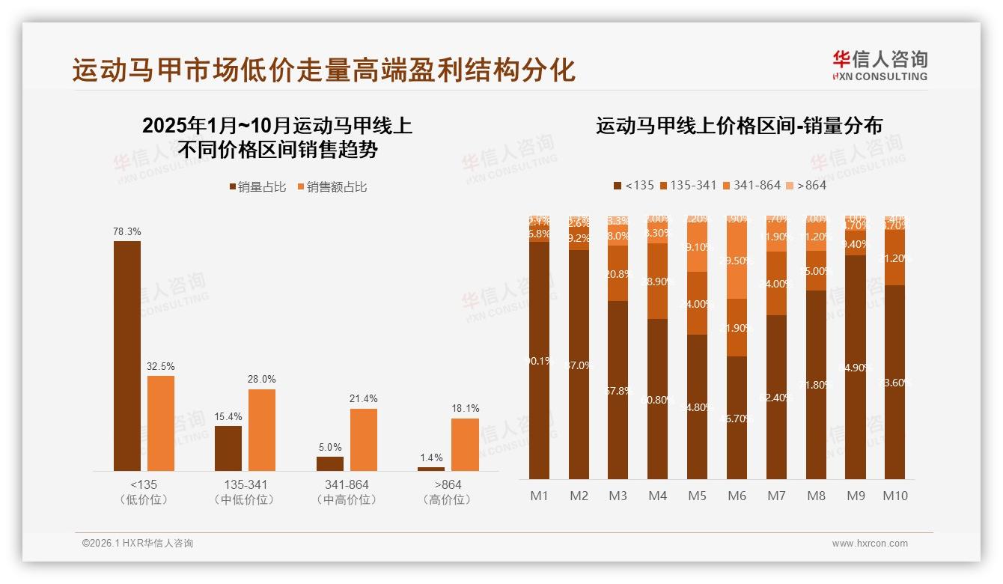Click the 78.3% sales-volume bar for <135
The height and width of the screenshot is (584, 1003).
pyautogui.click(x=127, y=356)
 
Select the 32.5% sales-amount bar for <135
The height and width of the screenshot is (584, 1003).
pyautogui.click(x=161, y=423)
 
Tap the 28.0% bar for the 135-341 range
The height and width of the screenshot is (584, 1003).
pyautogui.click(x=262, y=430)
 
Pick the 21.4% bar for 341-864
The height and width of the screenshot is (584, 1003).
pyautogui.click(x=364, y=439)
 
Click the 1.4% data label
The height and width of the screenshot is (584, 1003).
pyautogui.click(x=430, y=457)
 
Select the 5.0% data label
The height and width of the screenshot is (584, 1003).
pyautogui.click(x=329, y=447)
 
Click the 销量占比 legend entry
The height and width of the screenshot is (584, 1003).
pyautogui.click(x=257, y=187)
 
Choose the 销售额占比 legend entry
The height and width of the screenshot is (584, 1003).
pyautogui.click(x=332, y=187)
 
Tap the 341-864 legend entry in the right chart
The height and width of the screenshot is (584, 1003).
pyautogui.click(x=752, y=185)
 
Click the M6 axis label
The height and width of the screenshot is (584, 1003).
pyautogui.click(x=737, y=496)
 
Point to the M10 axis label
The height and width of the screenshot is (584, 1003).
pyautogui.click(x=895, y=496)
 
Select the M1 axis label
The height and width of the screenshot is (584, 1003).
pyautogui.click(x=540, y=496)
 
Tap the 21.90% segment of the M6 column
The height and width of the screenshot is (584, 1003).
pyautogui.click(x=737, y=328)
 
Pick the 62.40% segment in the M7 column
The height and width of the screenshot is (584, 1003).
pyautogui.click(x=777, y=397)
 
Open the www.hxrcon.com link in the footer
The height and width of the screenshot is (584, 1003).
pyautogui.click(x=870, y=544)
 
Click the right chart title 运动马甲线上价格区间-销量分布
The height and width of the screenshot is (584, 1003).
pyautogui.click(x=739, y=126)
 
